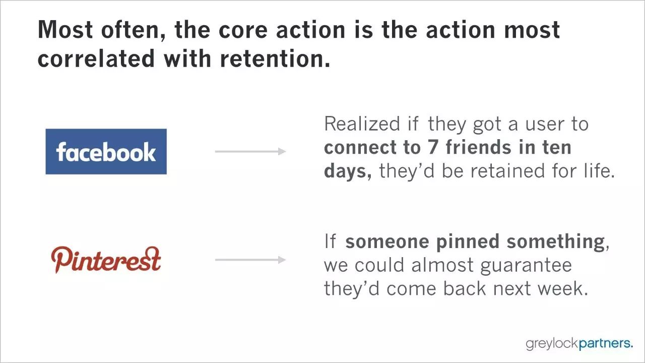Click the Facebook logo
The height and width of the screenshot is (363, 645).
coord(106,152)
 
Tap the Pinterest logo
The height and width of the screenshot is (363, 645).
coord(106,260)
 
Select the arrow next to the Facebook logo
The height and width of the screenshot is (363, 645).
coord(250,151)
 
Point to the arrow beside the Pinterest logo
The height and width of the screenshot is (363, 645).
coord(250,260)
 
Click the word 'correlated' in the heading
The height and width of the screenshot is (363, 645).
coord(96,58)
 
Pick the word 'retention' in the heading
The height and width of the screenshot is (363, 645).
coord(272,58)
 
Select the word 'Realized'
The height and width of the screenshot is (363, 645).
coord(362,124)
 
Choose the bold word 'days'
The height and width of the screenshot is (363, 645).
coord(346,171)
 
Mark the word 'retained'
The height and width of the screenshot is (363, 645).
coord(507,170)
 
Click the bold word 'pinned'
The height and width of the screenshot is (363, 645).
coord(468,242)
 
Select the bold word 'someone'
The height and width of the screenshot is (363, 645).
coord(388,241)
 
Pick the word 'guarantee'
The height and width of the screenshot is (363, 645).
coord(526,266)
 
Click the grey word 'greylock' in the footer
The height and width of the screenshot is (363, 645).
coord(552,344)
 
